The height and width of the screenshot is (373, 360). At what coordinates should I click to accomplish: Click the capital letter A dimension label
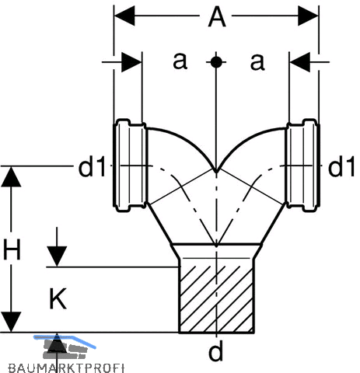(217, 17)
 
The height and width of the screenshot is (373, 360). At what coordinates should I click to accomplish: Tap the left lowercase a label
(180, 61)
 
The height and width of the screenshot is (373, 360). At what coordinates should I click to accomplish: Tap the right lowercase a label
(257, 62)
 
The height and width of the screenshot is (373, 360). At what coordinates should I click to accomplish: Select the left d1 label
(92, 168)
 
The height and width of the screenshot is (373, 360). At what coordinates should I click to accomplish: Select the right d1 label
(341, 168)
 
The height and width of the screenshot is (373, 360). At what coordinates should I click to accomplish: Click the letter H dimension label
(12, 249)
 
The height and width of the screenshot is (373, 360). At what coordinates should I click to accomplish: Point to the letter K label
(58, 298)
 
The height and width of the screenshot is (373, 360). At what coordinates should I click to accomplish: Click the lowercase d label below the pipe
(215, 351)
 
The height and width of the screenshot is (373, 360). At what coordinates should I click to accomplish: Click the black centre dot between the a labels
(216, 62)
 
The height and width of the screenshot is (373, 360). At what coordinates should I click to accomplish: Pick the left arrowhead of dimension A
(124, 16)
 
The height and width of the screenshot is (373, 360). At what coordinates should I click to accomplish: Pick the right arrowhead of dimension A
(308, 16)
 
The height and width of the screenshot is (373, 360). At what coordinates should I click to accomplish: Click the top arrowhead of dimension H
(11, 176)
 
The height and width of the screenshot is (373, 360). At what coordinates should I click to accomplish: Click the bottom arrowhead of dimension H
(11, 322)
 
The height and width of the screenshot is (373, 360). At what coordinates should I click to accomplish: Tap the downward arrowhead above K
(57, 256)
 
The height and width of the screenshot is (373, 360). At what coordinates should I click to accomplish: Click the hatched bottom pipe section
(216, 299)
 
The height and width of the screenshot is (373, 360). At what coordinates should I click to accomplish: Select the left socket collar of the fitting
(130, 166)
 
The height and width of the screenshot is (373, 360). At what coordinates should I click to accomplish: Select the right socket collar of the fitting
(302, 166)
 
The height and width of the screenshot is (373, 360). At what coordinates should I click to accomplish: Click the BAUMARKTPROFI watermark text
(66, 368)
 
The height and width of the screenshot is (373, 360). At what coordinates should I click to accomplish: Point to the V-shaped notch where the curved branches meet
(216, 172)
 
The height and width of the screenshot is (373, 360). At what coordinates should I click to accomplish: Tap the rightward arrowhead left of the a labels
(131, 62)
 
